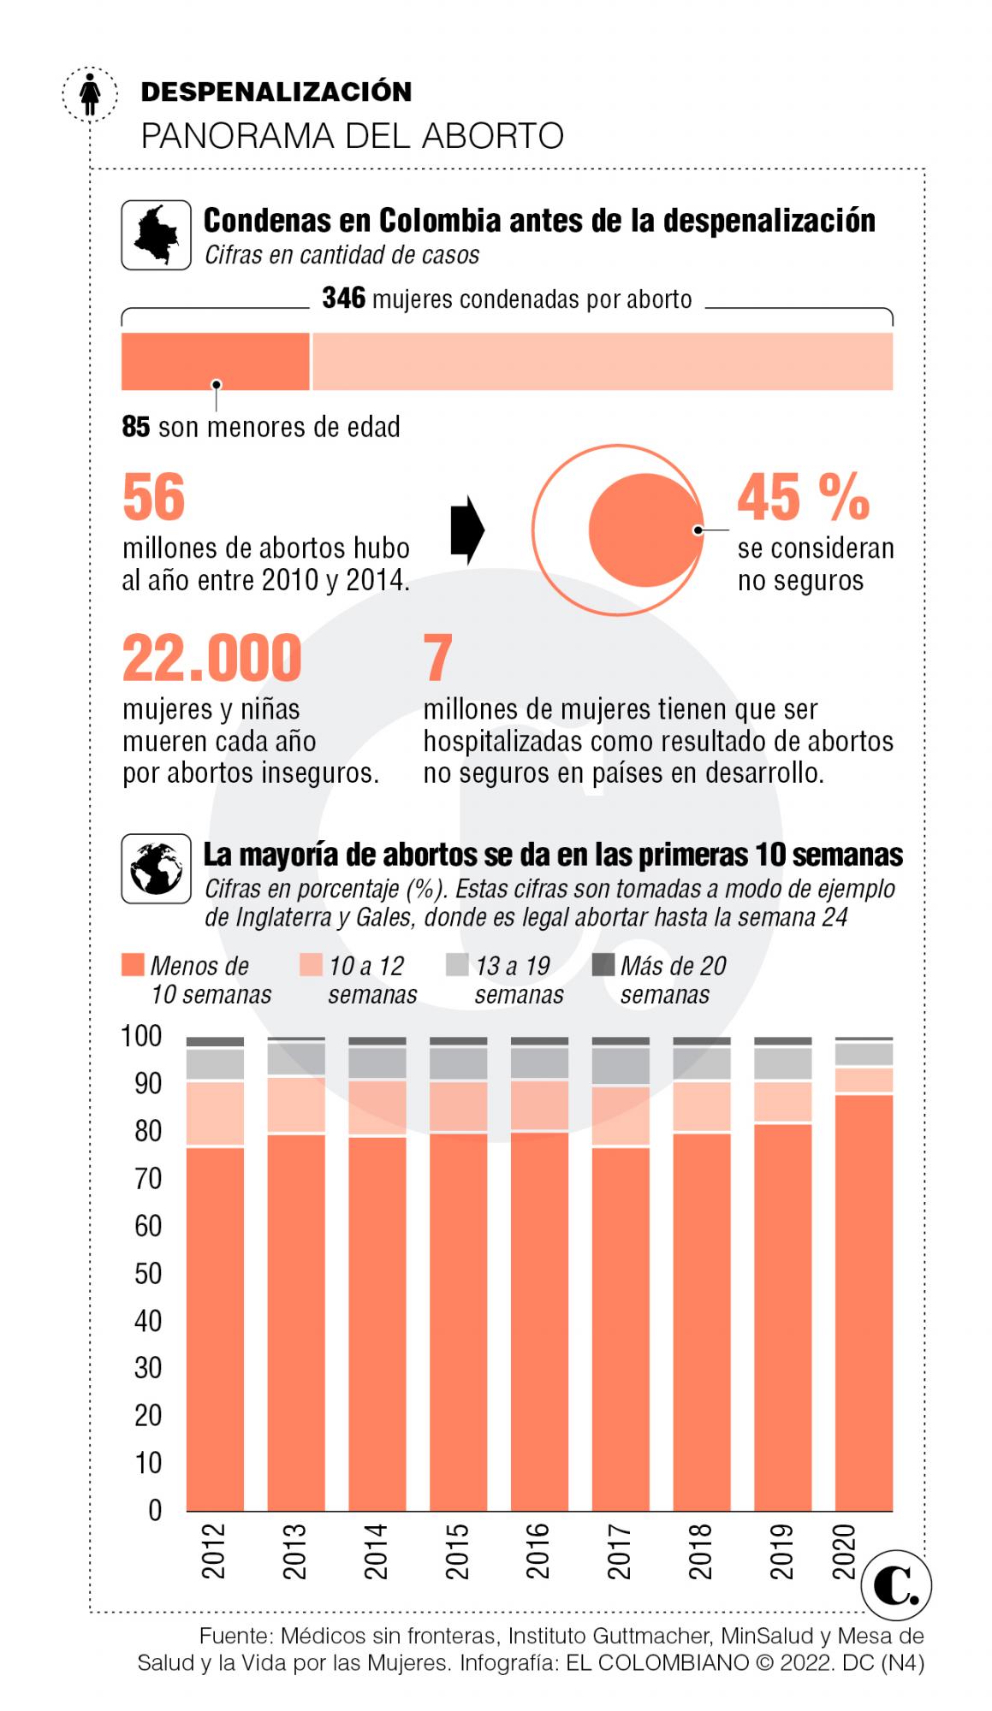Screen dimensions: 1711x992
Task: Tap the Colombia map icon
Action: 156,234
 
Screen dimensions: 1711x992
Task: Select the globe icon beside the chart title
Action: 156,868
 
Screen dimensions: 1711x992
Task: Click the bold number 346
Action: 343,299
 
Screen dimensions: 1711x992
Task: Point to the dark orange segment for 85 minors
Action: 215,361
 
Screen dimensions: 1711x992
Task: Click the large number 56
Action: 154,497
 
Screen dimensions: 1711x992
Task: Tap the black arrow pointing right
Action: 467,530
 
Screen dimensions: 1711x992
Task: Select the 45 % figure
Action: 803,497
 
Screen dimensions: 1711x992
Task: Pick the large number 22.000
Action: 212,658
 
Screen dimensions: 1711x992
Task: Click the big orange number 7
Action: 437,658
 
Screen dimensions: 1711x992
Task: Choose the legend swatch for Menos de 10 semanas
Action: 133,965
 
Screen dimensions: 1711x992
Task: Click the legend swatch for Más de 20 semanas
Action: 603,965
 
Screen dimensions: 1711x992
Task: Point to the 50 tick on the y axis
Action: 147,1273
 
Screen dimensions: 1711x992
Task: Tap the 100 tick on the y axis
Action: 141,1036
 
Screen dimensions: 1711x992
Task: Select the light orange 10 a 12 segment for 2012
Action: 215,1114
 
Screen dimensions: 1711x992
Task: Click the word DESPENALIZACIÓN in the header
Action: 276,92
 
